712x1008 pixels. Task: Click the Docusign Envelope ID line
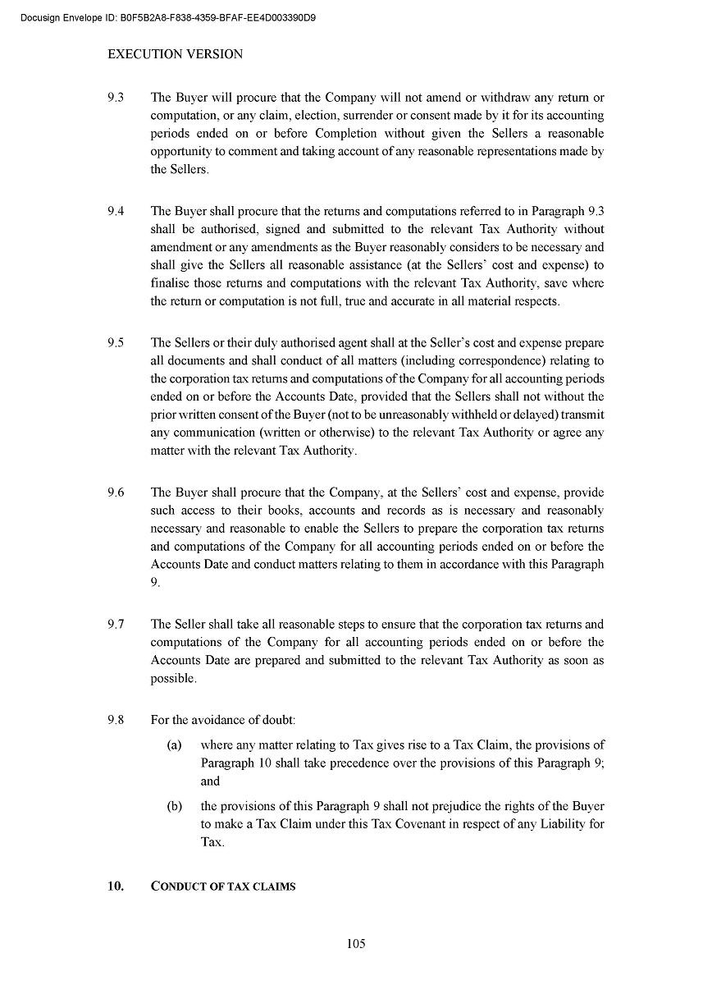(169, 17)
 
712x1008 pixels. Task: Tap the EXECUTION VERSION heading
(176, 54)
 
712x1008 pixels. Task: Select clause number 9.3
(116, 98)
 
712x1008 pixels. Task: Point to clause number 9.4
(116, 211)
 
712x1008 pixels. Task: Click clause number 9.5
(116, 343)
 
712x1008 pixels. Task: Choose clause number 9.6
(116, 493)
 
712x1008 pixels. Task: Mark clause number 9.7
(116, 625)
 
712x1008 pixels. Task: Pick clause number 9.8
(116, 720)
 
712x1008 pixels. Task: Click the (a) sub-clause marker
(174, 745)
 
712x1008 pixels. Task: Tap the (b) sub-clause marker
(174, 806)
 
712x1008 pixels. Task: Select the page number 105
(356, 944)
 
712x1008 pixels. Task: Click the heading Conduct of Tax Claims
(223, 887)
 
